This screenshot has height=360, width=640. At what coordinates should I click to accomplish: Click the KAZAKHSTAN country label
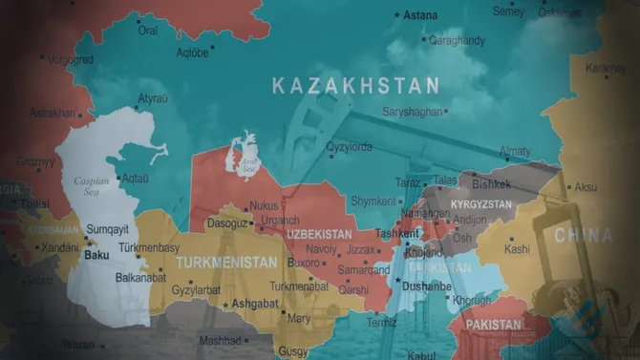(355, 86)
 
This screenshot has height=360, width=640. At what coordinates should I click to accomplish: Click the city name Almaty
(515, 152)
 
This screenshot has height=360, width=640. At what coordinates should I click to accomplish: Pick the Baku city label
(96, 256)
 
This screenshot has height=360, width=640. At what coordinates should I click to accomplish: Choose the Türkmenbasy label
(176, 247)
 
